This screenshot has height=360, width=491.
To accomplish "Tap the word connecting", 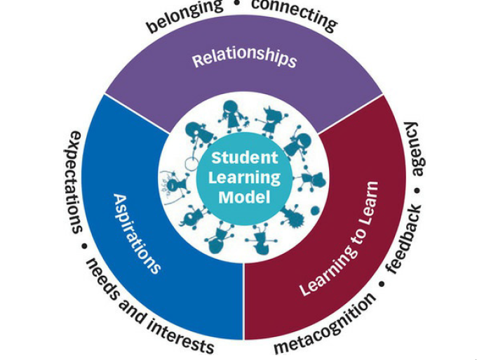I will point(295,13).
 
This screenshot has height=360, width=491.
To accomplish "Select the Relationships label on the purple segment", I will point(244,59).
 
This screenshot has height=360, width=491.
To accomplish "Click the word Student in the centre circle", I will point(244,157).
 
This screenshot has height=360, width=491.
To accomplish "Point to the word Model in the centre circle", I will point(244,197).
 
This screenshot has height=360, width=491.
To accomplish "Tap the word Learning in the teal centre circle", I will point(244,177).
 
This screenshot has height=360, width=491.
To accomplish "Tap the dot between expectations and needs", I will point(84,246).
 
